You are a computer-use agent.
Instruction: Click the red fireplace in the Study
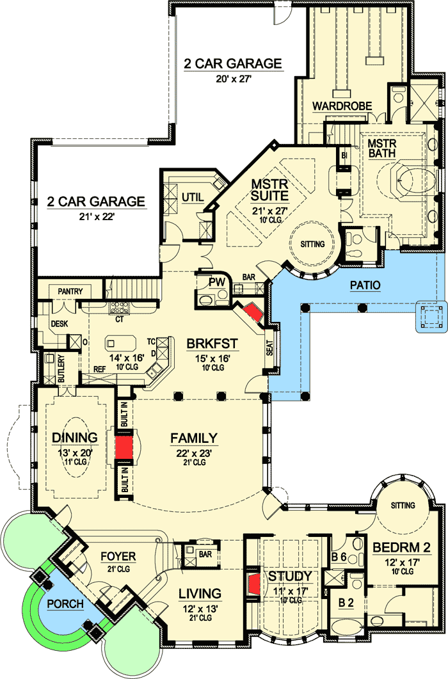click(253, 584)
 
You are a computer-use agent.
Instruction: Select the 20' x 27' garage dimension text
click(233, 79)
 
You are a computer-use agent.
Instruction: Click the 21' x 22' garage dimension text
click(96, 216)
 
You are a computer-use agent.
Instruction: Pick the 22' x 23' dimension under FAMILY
click(193, 453)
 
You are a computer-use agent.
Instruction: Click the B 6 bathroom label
click(339, 557)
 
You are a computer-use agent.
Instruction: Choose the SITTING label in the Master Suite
click(312, 244)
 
